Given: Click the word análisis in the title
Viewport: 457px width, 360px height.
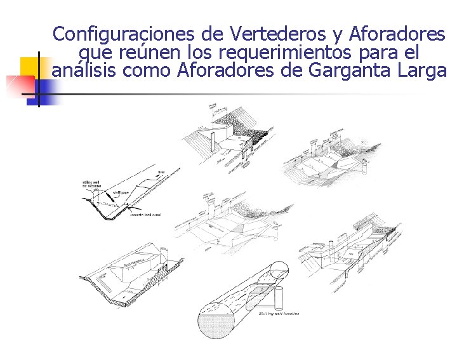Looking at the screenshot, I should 84,70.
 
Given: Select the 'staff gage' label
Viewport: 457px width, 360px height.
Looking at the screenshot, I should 122,192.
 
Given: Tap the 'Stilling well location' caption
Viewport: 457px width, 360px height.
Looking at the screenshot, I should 279,314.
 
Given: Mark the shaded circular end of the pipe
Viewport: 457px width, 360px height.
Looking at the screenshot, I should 218,324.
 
